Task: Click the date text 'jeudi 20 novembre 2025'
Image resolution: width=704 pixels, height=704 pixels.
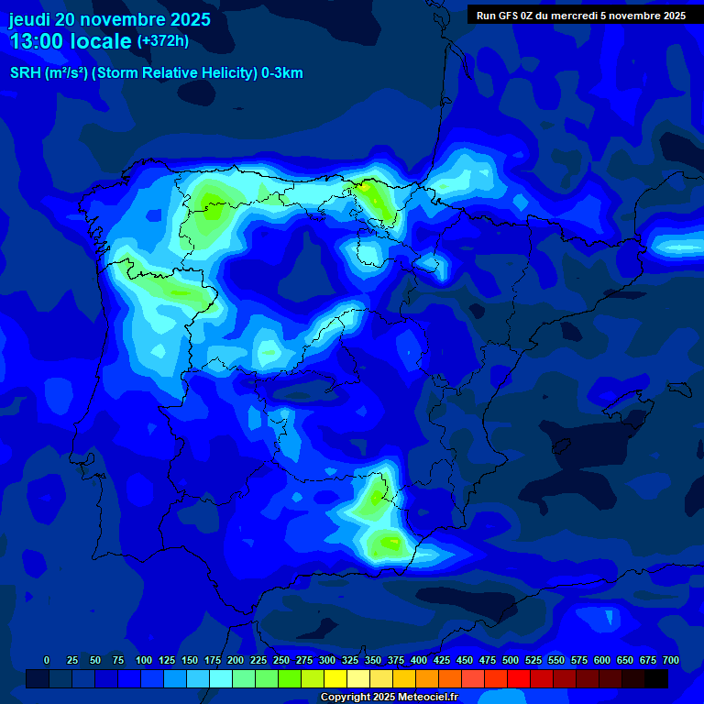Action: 110,19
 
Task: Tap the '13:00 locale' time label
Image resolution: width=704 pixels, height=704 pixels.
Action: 71,41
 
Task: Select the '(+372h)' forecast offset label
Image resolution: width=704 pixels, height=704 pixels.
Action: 162,41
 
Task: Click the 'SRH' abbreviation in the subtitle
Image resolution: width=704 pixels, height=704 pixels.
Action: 25,73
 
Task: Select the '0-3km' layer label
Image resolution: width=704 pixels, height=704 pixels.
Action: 281,73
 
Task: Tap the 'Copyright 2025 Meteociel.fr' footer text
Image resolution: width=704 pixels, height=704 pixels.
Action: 389,698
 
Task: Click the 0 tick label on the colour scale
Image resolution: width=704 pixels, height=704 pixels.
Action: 47,660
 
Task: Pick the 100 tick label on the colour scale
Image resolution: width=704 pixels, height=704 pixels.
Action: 144,660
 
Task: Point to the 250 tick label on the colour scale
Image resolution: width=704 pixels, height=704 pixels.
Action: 281,660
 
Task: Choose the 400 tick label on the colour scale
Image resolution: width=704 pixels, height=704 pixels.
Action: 419,660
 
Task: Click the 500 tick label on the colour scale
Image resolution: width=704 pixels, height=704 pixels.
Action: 511,660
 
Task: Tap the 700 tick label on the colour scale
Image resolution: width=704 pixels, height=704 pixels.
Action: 671,660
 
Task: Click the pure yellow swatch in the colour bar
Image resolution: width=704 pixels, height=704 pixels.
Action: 335,678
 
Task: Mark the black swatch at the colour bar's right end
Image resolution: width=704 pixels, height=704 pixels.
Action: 656,678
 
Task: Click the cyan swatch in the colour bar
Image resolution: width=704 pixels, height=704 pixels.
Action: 221,678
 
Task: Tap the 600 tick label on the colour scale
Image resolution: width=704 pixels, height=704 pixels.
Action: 602,660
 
